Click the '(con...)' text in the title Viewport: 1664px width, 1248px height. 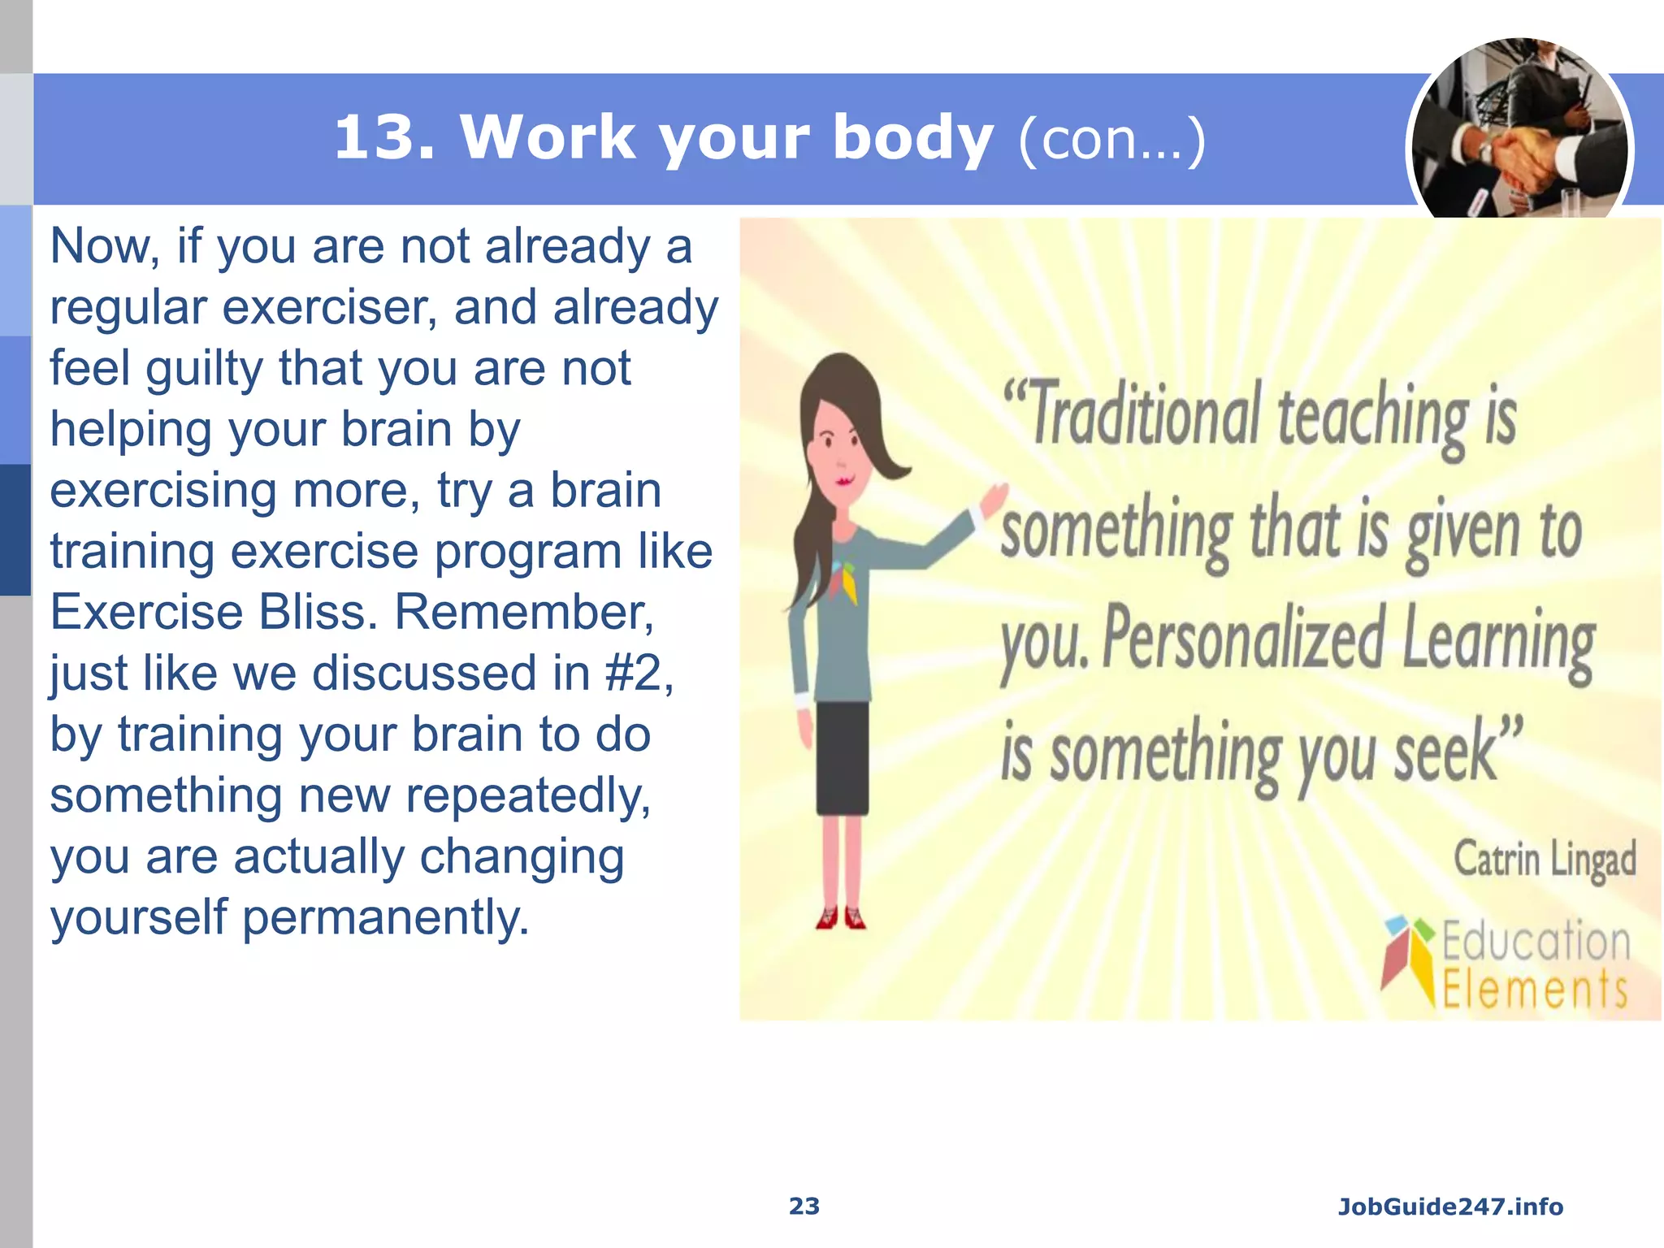tap(1111, 141)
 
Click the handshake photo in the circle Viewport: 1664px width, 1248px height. tap(1519, 130)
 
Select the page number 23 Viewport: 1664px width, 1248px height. tap(804, 1206)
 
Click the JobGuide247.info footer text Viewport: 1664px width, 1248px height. tap(1450, 1207)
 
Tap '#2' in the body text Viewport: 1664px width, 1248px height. tap(639, 674)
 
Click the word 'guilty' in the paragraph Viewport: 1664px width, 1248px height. tap(205, 369)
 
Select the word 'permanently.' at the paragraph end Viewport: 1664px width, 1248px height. tap(385, 917)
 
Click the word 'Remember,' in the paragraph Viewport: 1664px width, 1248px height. tap(524, 612)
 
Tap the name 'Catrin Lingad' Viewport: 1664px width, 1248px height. tap(1544, 860)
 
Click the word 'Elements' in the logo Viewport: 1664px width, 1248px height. tap(1534, 990)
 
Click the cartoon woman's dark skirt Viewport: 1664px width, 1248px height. tap(843, 758)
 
